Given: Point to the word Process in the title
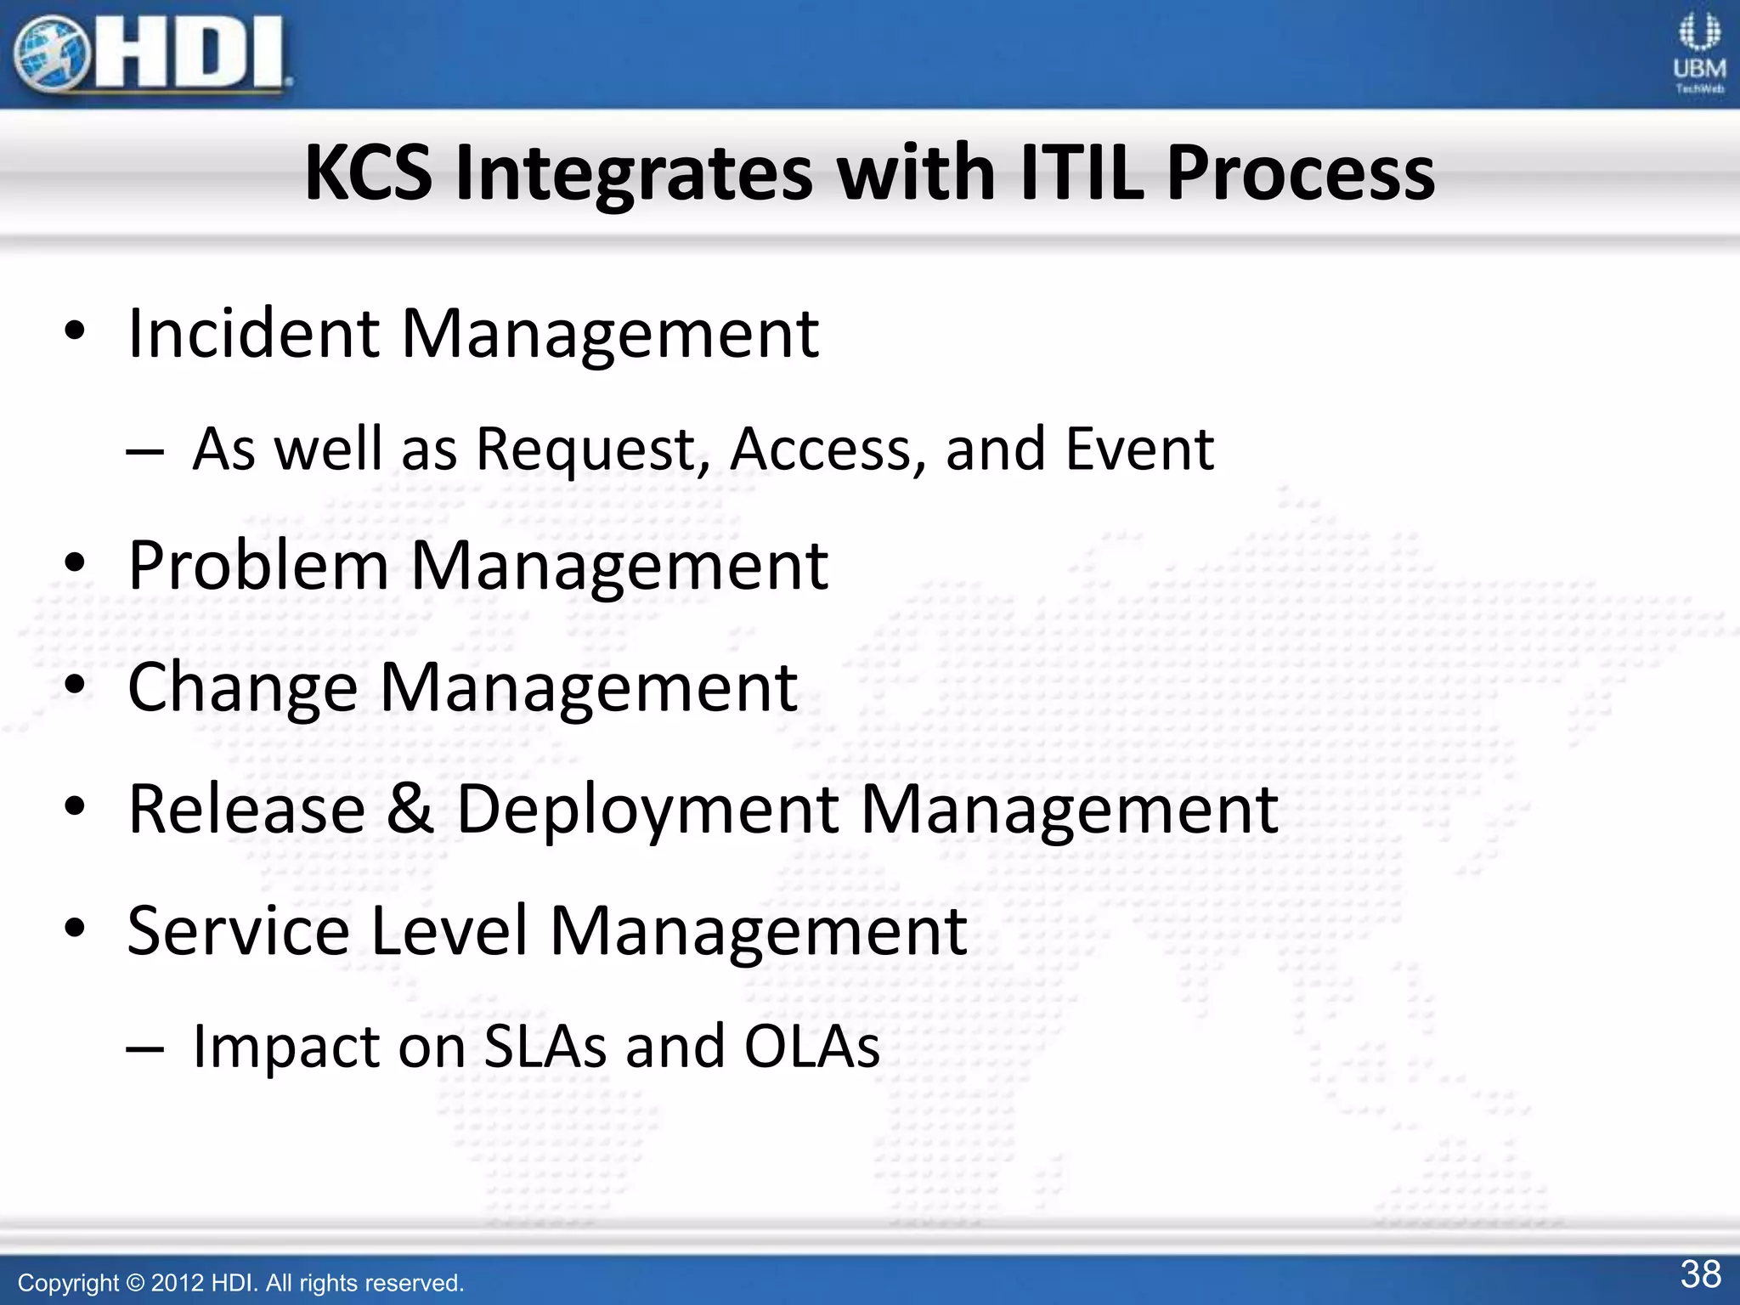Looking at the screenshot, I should tap(1300, 173).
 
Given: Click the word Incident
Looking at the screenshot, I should tap(253, 333).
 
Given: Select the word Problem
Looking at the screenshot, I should tap(258, 566).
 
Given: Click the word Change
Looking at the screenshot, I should tap(242, 688).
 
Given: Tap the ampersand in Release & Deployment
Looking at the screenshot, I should tap(410, 808).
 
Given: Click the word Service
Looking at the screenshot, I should tap(238, 931).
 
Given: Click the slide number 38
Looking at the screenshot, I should tap(1700, 1274).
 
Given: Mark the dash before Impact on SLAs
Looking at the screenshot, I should tap(144, 1048).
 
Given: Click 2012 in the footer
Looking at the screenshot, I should tap(177, 1283).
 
